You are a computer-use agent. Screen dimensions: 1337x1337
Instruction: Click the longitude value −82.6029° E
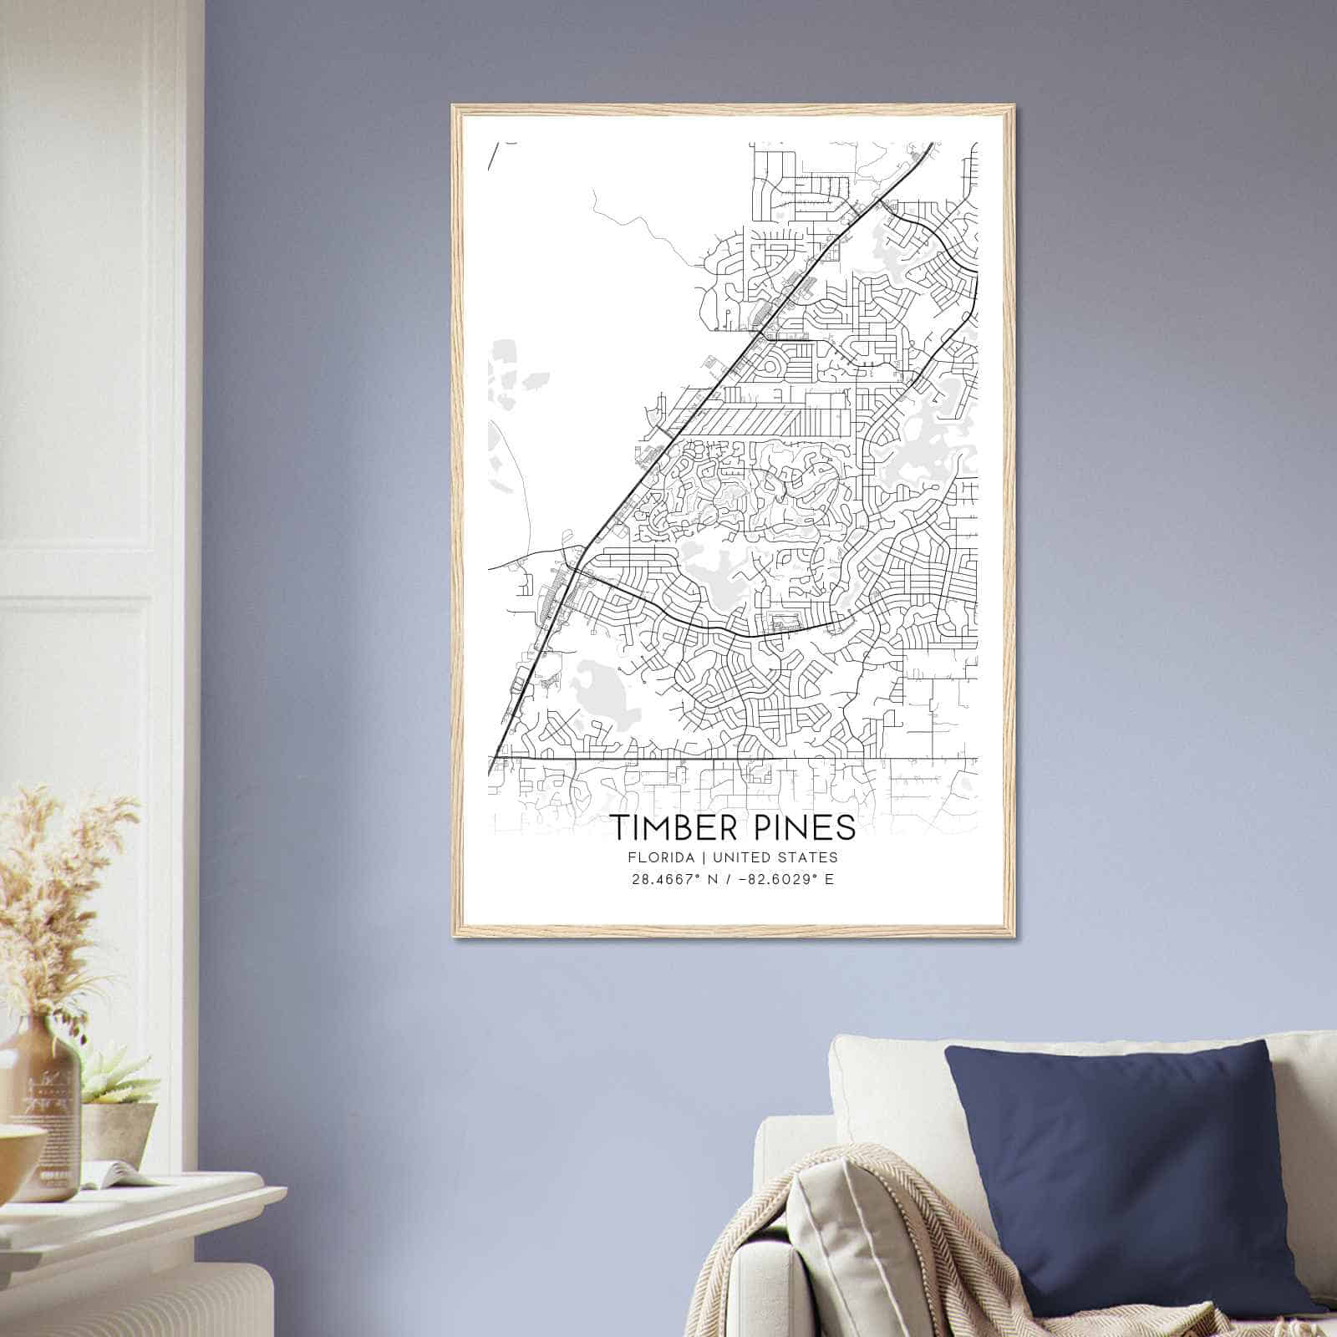coord(782,879)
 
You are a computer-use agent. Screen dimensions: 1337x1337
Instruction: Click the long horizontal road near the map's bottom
coord(735,759)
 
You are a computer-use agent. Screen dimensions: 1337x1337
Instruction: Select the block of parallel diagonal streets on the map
coord(752,422)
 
